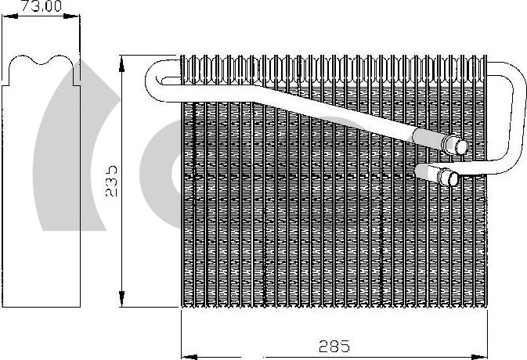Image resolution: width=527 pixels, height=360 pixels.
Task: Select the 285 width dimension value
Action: click(x=334, y=345)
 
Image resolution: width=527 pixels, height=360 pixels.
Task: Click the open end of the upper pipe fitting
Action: click(x=461, y=146)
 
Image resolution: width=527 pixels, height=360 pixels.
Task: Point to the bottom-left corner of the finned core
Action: click(x=182, y=305)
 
